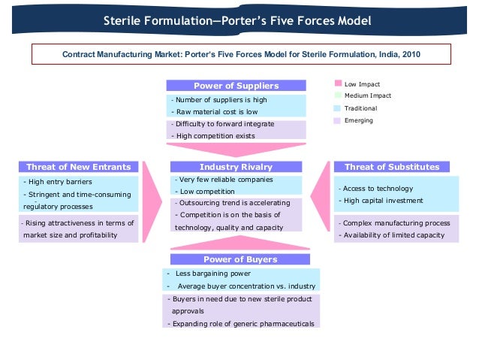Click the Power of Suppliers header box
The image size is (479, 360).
[236, 86]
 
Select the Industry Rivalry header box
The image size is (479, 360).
[236, 167]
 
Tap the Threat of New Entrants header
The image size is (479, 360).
[78, 167]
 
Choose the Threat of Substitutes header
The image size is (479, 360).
[392, 167]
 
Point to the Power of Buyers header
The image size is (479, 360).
[236, 259]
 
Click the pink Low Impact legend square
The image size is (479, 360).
[338, 84]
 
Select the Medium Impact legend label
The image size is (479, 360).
[368, 95]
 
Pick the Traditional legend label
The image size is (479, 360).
[360, 108]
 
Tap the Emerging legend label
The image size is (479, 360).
[358, 120]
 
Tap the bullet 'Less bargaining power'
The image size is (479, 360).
[213, 274]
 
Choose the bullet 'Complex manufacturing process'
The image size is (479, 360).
[396, 223]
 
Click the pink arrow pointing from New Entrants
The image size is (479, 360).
[153, 201]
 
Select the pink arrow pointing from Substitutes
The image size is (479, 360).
[321, 201]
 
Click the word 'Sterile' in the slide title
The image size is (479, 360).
[125, 20]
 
